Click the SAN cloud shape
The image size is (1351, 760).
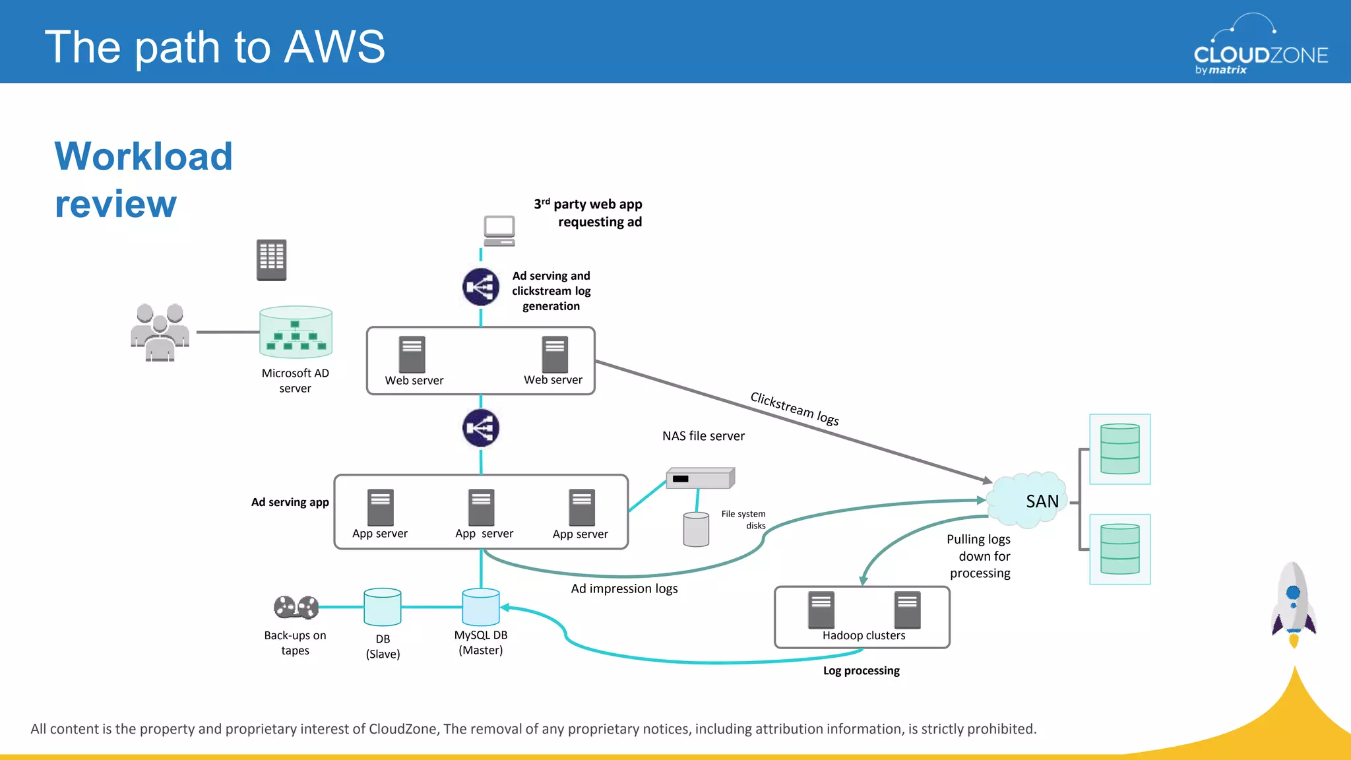tap(1028, 500)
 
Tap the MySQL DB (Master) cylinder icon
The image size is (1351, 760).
tap(481, 607)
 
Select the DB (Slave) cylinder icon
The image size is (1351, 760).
tap(383, 607)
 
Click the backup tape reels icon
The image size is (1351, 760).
tap(296, 607)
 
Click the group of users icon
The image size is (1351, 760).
tap(160, 332)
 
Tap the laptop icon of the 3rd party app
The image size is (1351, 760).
tap(499, 230)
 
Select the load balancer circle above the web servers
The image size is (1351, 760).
tap(481, 287)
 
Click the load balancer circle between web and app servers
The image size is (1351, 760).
tap(481, 428)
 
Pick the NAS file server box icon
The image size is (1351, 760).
tap(700, 478)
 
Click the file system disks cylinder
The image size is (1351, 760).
tap(696, 530)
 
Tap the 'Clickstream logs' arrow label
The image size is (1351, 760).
tap(794, 408)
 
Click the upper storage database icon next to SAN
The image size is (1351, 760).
tap(1119, 449)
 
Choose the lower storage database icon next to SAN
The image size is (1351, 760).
tap(1119, 549)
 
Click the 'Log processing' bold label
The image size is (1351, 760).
tap(861, 670)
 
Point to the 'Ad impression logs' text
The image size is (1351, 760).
tap(624, 588)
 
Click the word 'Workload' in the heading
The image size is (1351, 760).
tap(143, 157)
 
